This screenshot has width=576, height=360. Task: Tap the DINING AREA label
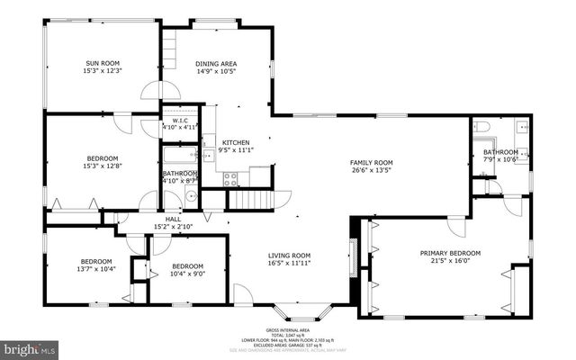pyautogui.click(x=216, y=63)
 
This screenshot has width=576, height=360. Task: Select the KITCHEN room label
pyautogui.click(x=236, y=142)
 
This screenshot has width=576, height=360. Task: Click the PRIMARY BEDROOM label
pyautogui.click(x=445, y=253)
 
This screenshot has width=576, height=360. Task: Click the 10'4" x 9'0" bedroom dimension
pyautogui.click(x=187, y=274)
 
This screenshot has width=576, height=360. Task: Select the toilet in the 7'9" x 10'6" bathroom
pyautogui.click(x=481, y=127)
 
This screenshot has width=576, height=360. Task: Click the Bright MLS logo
pyautogui.click(x=30, y=346)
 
